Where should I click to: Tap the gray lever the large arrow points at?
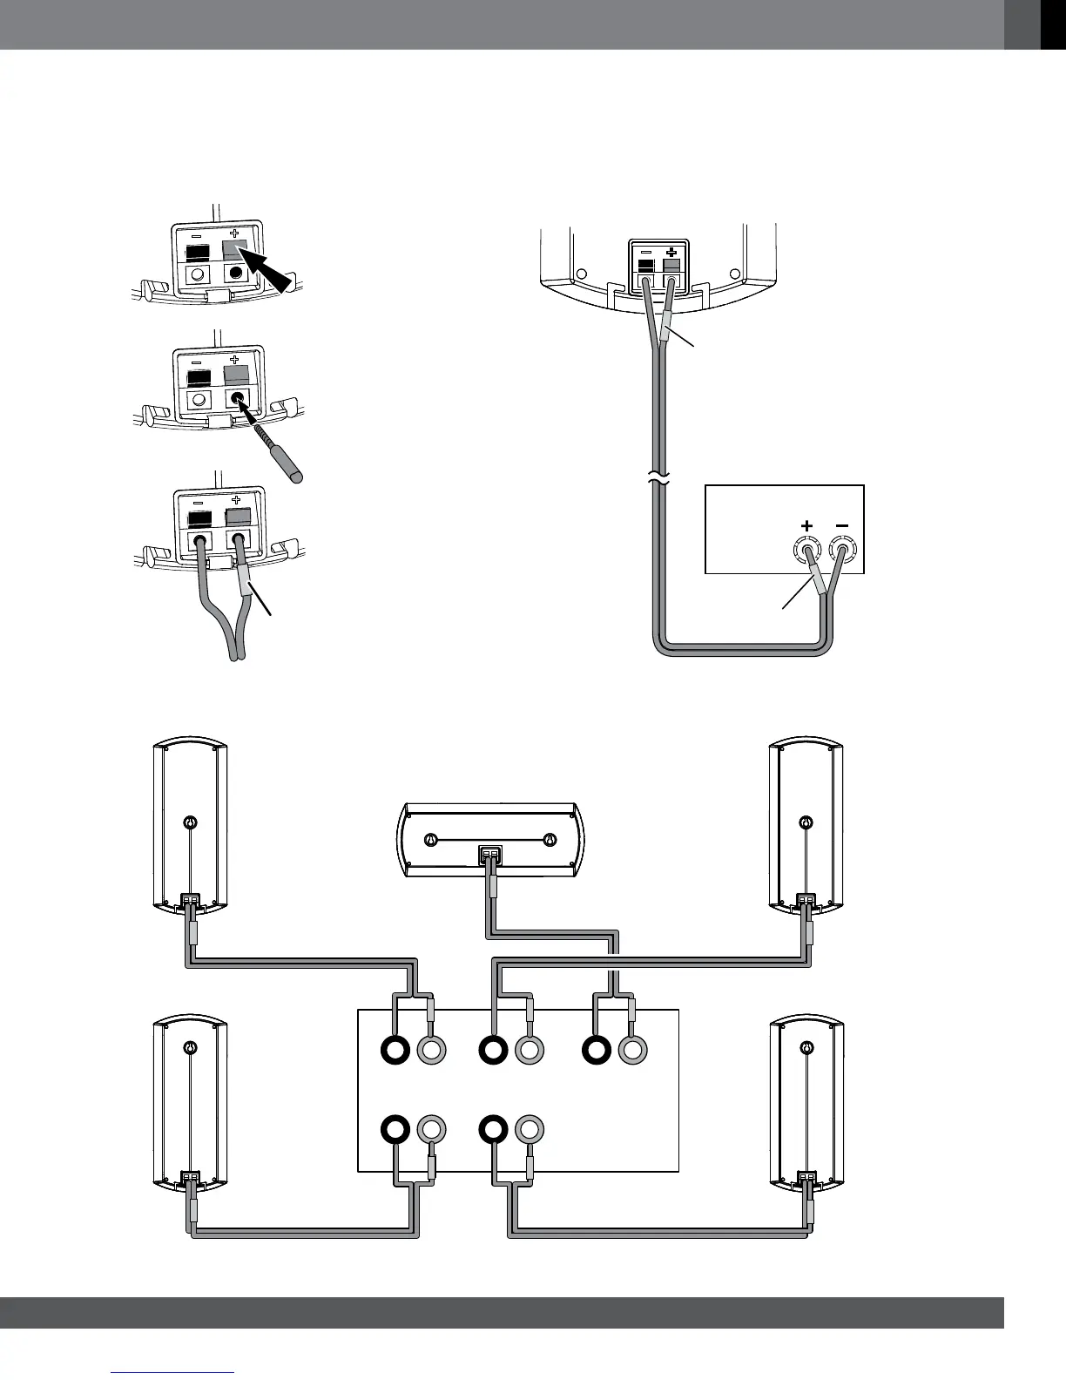[x=234, y=249]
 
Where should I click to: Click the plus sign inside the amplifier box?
[x=806, y=525]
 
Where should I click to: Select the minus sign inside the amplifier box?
[x=841, y=525]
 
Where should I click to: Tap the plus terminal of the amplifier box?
[x=806, y=551]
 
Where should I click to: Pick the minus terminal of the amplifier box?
[x=842, y=551]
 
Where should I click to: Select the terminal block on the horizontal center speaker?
[x=490, y=854]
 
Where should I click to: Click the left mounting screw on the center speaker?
[x=428, y=840]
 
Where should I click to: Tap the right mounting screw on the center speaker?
[x=549, y=840]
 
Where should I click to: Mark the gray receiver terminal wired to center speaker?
[x=633, y=1051]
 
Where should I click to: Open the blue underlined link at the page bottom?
[x=173, y=1373]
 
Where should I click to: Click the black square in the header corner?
[x=1053, y=24]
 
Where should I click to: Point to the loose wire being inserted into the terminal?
[x=277, y=450]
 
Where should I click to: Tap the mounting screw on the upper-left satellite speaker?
[x=190, y=822]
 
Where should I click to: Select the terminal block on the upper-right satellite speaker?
[x=806, y=899]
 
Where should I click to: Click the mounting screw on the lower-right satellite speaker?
[x=807, y=1049]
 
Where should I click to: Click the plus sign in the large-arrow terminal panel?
[x=234, y=233]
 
